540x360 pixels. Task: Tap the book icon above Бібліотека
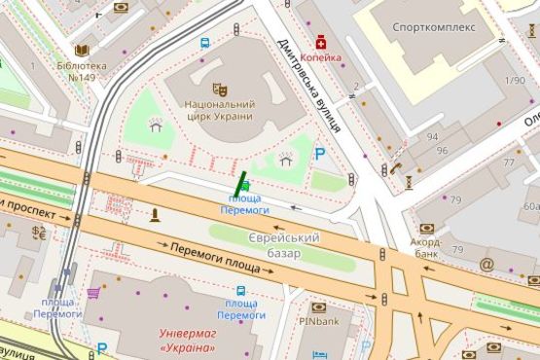click(82, 50)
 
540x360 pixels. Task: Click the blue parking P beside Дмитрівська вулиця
click(319, 154)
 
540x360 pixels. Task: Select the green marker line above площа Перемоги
click(239, 181)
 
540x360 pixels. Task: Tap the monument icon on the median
click(154, 215)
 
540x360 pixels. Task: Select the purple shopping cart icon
click(93, 291)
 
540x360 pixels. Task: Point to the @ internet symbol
click(486, 263)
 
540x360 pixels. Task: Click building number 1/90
click(516, 80)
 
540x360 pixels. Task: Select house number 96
click(442, 151)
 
